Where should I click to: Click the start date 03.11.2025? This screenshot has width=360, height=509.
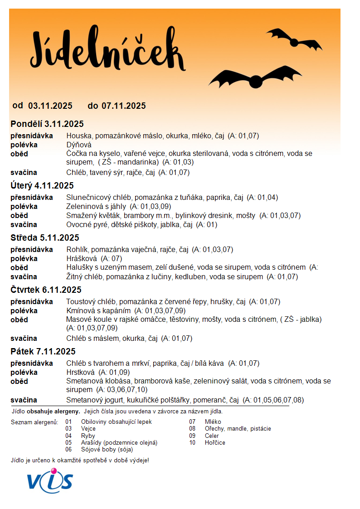click(x=50, y=106)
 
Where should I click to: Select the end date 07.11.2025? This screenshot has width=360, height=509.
click(x=124, y=106)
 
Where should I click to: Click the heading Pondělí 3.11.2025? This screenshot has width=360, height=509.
click(x=47, y=124)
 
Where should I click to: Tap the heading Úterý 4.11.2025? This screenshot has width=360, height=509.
click(x=42, y=186)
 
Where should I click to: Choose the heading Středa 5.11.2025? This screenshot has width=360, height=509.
click(x=45, y=238)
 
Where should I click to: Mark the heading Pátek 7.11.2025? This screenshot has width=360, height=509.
click(x=43, y=352)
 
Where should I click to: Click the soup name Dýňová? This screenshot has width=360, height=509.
click(x=79, y=145)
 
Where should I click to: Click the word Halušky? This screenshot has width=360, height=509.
click(x=79, y=268)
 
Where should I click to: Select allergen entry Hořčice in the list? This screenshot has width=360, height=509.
click(x=215, y=443)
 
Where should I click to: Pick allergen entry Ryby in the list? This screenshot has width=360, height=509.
click(x=88, y=436)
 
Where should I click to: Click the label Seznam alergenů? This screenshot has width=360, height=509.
click(x=34, y=422)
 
